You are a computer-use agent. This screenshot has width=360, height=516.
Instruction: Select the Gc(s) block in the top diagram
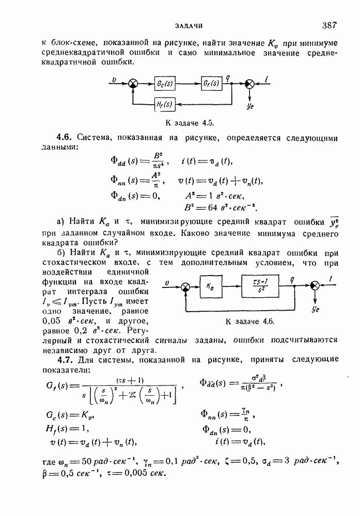pyautogui.click(x=166, y=83)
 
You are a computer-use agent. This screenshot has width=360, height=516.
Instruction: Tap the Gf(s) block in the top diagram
pyautogui.click(x=211, y=83)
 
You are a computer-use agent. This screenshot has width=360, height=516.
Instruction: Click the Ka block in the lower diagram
pyautogui.click(x=210, y=284)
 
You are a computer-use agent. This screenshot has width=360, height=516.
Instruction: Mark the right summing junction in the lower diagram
pyautogui.click(x=314, y=284)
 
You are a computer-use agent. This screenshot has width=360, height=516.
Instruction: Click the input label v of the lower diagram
pyautogui.click(x=166, y=282)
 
